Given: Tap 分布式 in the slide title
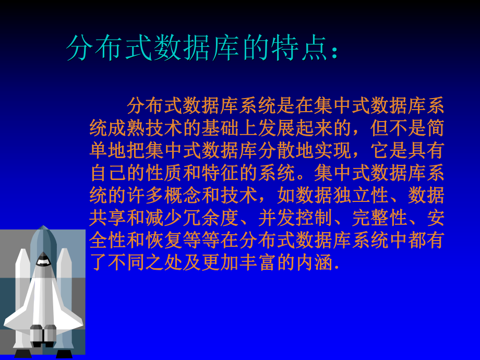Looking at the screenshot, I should click(x=111, y=49).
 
